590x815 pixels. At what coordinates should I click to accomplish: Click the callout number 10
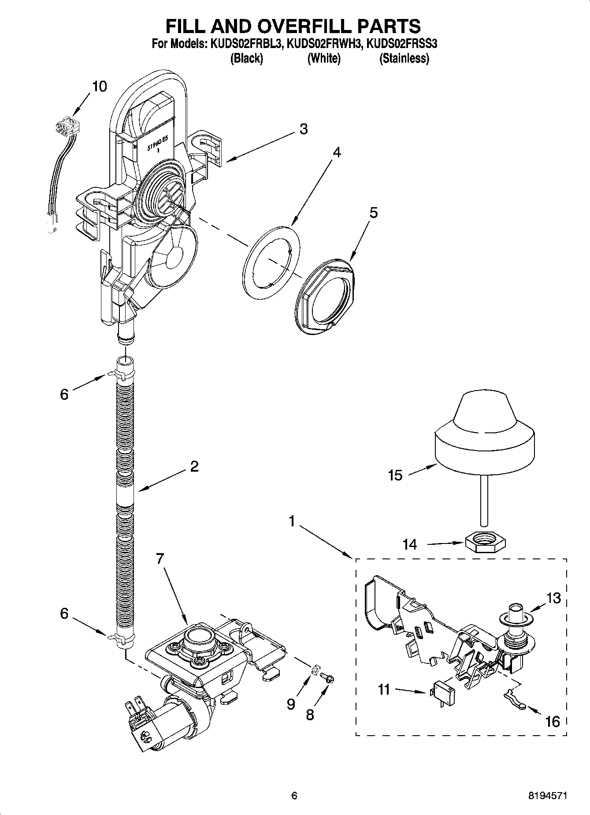[x=100, y=86]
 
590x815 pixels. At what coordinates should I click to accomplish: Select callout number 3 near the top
[x=303, y=129]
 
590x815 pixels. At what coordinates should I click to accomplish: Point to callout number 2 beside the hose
[x=194, y=466]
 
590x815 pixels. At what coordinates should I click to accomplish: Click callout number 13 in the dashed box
[x=554, y=598]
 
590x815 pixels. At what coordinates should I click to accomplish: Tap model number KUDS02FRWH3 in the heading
[x=324, y=44]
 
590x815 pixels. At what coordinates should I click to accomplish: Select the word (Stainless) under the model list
[x=404, y=58]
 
